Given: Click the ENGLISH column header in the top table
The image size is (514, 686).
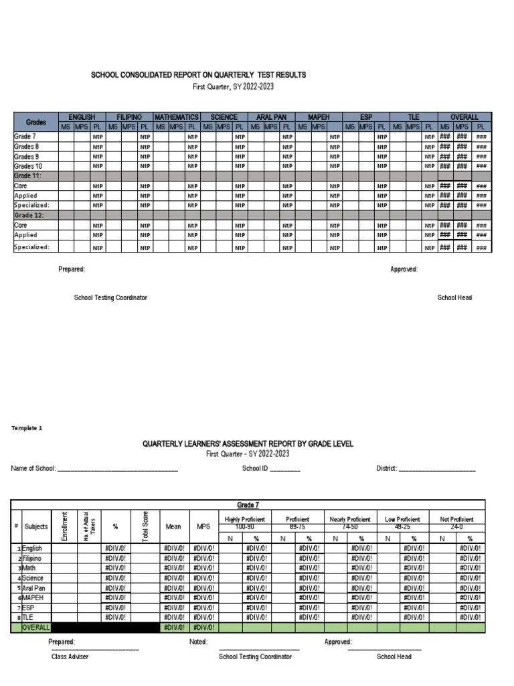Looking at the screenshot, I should (x=82, y=117).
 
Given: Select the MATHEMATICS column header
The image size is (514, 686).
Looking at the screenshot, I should (x=177, y=117).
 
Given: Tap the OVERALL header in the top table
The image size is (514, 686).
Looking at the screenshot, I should (x=464, y=117).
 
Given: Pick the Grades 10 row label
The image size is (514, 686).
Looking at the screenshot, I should (x=28, y=165).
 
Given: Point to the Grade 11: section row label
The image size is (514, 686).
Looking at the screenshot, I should (x=27, y=176).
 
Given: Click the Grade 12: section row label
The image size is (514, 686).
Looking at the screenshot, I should (x=27, y=216).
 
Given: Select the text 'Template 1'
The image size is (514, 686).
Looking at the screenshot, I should (x=27, y=427).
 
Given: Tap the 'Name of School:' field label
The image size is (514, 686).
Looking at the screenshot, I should (x=34, y=469).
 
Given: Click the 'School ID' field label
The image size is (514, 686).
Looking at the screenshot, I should (x=255, y=469).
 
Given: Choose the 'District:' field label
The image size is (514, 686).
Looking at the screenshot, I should (x=387, y=469).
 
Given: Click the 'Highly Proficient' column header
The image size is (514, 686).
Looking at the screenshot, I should (x=245, y=519).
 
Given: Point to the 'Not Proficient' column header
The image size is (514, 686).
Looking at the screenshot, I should (x=457, y=519).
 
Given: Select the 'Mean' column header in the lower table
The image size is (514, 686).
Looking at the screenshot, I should (x=173, y=527).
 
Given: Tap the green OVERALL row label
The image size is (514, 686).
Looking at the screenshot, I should (x=36, y=627).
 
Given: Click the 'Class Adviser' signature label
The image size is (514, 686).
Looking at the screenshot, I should (x=70, y=657).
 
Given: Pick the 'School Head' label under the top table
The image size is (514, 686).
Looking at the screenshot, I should (x=454, y=297).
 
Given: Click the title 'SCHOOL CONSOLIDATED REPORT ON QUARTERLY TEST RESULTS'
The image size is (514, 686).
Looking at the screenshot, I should (x=198, y=75).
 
